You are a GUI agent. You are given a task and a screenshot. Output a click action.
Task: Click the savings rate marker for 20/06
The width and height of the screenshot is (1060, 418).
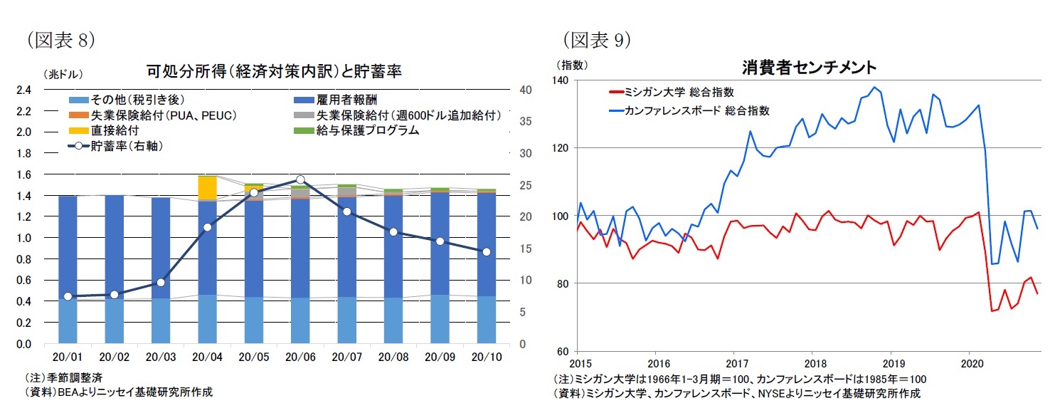point(300,180)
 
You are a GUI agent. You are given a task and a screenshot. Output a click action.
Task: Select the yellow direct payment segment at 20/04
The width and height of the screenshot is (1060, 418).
point(207,188)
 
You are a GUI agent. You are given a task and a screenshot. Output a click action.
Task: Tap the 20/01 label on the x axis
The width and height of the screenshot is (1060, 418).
point(68,357)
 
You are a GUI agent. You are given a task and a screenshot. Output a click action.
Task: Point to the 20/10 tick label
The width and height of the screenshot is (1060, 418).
point(486,357)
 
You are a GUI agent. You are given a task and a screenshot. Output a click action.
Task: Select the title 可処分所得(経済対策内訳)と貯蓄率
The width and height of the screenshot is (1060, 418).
point(274,72)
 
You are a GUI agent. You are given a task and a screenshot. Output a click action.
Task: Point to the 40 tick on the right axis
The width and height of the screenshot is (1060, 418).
point(526,90)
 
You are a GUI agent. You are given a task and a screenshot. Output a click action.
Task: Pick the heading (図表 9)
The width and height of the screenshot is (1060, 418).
point(597,40)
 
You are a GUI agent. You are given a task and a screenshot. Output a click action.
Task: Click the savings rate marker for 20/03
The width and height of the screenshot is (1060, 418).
point(160,283)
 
